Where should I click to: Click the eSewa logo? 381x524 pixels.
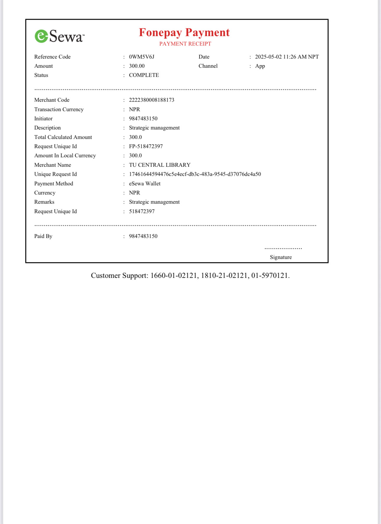pos(59,36)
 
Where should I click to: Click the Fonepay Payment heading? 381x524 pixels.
pos(184,33)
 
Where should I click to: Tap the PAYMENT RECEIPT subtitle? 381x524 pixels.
pos(185,44)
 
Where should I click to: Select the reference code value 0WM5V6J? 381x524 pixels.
pos(141,57)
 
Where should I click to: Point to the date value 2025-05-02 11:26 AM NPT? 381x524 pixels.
pos(287,57)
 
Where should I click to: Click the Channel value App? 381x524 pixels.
pos(260,66)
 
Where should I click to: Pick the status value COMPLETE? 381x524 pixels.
pos(144,75)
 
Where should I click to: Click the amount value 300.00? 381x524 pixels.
pos(137,66)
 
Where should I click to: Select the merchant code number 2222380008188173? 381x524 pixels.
pos(152,100)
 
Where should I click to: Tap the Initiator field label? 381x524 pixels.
pos(43,119)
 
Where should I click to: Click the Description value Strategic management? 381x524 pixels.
pos(154,128)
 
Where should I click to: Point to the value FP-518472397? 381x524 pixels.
pos(146,146)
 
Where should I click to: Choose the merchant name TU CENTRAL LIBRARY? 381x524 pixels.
pos(159,165)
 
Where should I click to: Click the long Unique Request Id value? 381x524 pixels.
pos(195,174)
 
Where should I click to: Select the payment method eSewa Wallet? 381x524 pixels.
pos(145,184)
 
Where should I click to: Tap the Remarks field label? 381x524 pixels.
pos(44,202)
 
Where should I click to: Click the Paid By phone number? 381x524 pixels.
pos(143,236)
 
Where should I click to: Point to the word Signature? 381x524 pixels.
pos(281,257)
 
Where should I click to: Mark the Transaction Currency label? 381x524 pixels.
pos(59,109)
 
